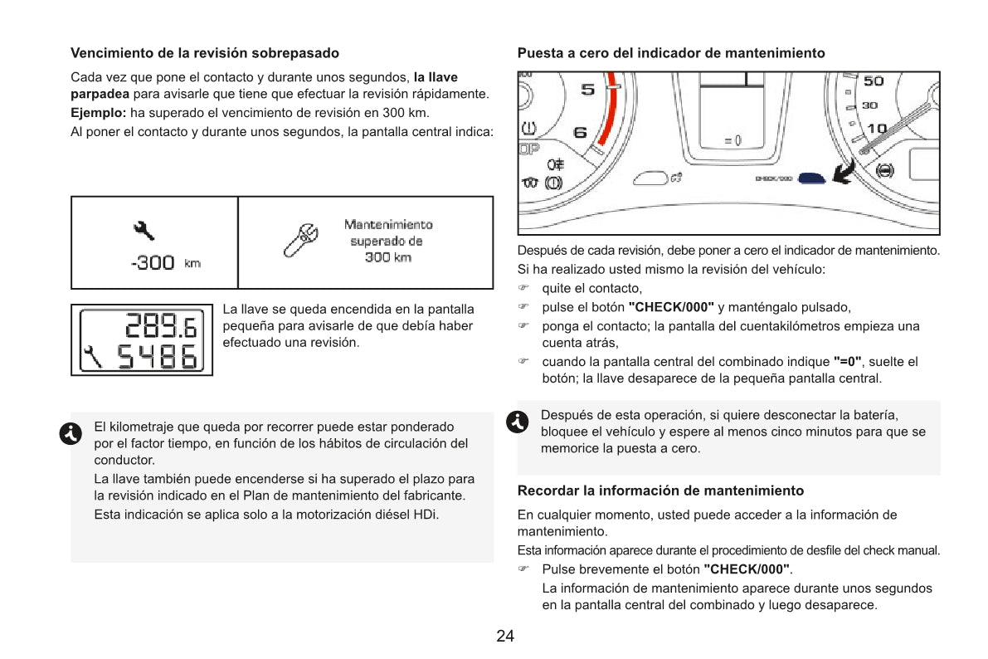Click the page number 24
pos(505,637)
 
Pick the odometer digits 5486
pos(157,358)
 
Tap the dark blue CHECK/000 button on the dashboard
pos(811,177)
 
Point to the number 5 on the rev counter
pos(586,90)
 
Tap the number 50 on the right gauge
pos(874,81)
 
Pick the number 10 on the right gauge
pos(876,129)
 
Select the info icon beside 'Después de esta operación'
pos(518,421)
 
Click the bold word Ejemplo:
pos(99,112)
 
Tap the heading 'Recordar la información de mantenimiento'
pos(660,491)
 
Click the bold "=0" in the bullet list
pos(848,363)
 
